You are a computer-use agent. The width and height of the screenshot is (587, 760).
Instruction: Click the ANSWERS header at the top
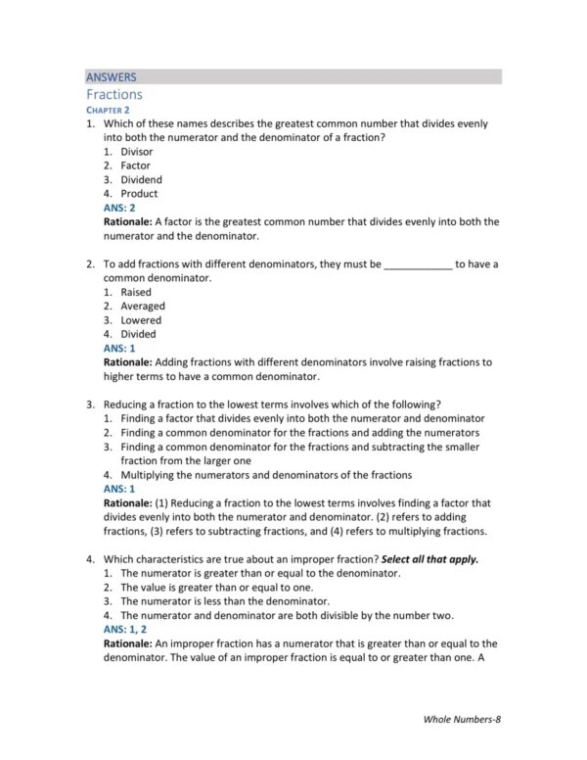pos(111,76)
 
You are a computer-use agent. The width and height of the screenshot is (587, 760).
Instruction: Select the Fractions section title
pos(113,95)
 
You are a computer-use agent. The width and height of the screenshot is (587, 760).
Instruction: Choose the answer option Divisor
pos(136,153)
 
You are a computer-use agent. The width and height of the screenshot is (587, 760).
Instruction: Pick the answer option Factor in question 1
pos(135,166)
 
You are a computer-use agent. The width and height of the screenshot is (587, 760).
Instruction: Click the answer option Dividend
pos(141,180)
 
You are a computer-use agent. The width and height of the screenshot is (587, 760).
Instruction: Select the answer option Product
pos(139,194)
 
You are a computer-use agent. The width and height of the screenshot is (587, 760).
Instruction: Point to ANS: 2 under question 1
pos(119,208)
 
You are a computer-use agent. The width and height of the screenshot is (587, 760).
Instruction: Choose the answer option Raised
pos(136,292)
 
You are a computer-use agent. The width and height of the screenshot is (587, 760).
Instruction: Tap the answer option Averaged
pos(143,307)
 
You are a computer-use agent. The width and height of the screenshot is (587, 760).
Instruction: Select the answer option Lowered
pos(141,320)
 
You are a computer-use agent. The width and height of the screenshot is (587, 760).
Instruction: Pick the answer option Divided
pos(138,334)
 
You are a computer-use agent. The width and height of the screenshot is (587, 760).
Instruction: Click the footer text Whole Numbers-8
pos(462,720)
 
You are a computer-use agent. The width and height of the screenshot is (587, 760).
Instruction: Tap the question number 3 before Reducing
pos(89,404)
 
